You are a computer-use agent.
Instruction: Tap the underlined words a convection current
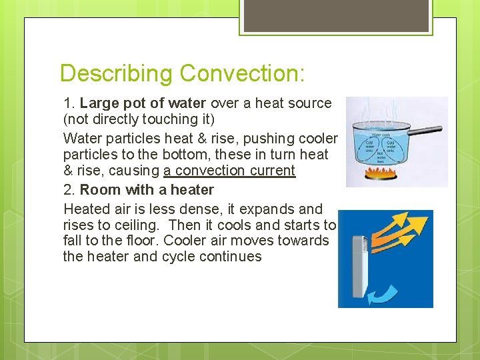click(229, 171)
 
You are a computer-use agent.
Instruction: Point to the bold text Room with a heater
click(147, 190)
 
